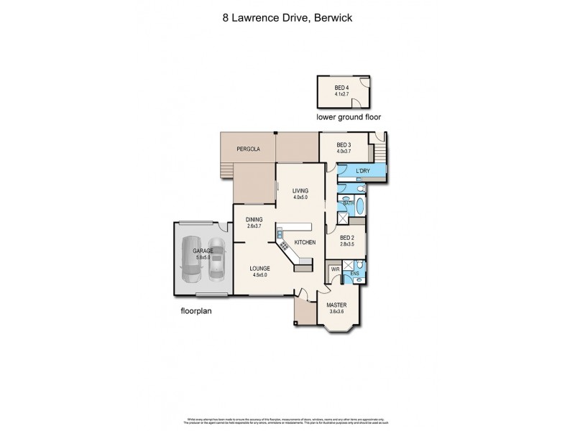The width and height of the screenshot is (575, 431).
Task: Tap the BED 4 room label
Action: point(341,88)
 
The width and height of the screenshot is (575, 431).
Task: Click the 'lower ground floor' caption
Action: point(349,116)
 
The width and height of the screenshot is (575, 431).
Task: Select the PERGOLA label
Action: point(248,149)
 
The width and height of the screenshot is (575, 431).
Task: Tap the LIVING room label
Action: point(300,190)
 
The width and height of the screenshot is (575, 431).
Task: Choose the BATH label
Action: point(348,203)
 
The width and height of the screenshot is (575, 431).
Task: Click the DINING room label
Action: point(254,220)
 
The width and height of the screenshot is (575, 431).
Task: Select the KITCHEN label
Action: point(305,243)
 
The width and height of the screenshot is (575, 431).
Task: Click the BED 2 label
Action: point(347,238)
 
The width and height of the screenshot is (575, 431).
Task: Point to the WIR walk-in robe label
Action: point(335,269)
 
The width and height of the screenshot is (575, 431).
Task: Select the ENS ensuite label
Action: point(354,274)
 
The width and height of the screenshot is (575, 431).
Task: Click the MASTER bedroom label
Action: point(338,305)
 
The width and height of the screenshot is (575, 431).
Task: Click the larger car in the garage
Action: point(192,259)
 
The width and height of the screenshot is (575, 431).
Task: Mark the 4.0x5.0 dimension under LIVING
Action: point(300,197)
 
